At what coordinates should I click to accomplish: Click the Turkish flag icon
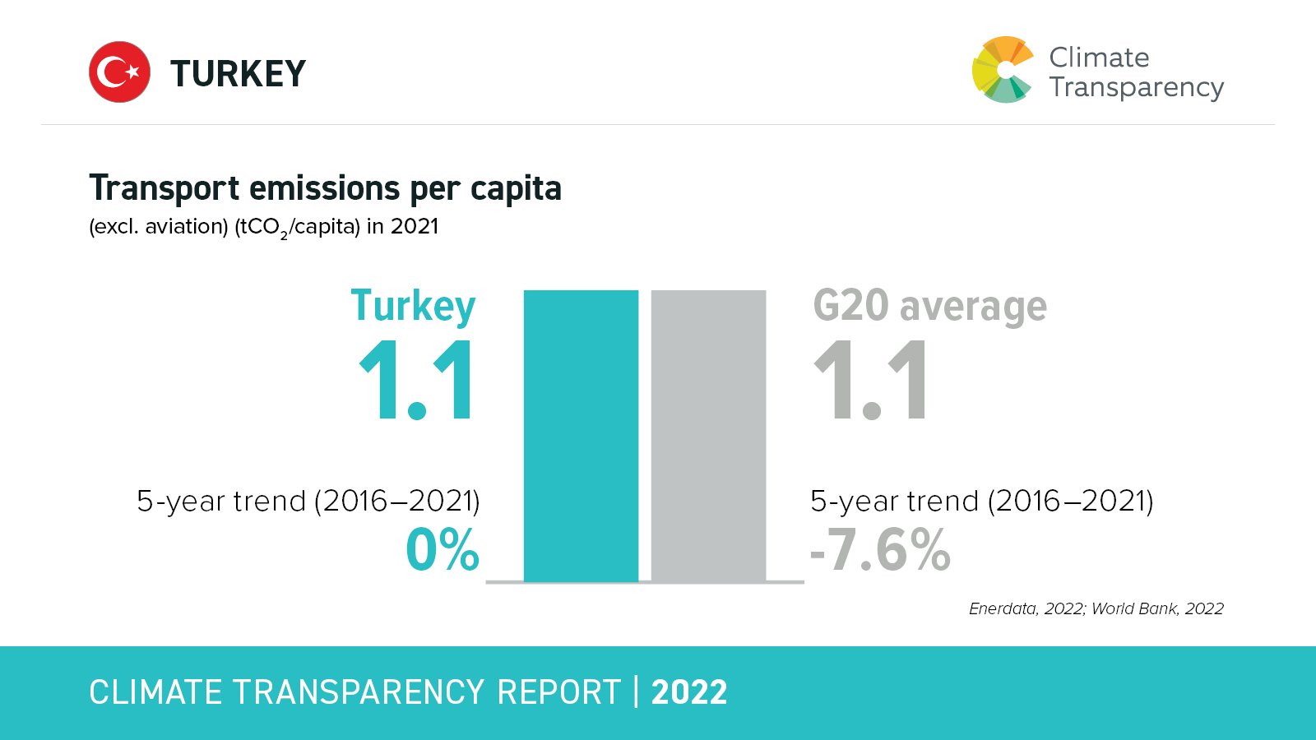click(x=119, y=72)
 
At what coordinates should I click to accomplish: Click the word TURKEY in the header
click(x=238, y=74)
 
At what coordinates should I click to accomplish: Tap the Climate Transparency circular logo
click(x=1002, y=70)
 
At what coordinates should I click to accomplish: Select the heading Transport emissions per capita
click(x=325, y=188)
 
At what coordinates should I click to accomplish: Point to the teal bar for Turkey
click(x=581, y=436)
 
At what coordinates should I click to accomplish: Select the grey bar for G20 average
click(x=708, y=436)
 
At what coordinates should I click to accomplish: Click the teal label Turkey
click(x=413, y=307)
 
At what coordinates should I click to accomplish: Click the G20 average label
click(x=929, y=307)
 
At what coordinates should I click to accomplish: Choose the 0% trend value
click(x=443, y=550)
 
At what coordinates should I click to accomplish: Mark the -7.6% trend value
click(x=880, y=550)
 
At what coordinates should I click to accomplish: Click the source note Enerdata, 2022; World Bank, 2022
click(x=1096, y=608)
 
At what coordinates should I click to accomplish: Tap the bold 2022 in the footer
click(x=689, y=692)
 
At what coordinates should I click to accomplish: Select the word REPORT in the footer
click(x=558, y=692)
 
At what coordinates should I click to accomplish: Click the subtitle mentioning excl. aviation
click(x=263, y=227)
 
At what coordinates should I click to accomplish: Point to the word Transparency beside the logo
click(x=1136, y=87)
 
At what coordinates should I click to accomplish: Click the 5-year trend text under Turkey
click(x=308, y=501)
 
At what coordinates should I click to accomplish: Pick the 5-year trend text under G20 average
click(x=981, y=501)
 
